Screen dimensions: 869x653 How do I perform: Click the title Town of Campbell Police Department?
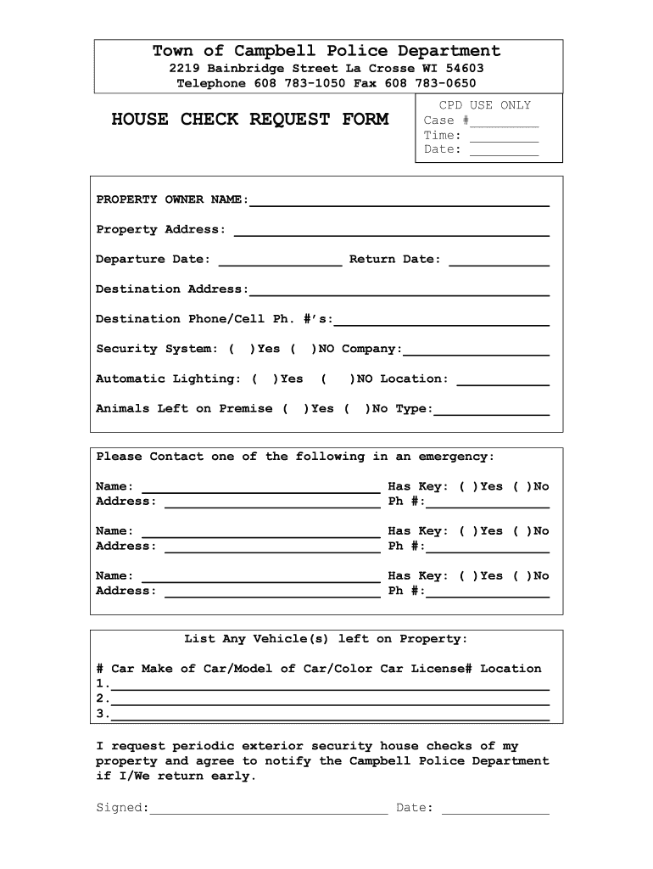click(326, 51)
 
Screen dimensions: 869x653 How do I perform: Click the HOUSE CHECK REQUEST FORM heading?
click(249, 119)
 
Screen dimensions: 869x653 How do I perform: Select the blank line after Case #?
click(505, 121)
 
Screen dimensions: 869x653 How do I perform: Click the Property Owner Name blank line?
click(399, 201)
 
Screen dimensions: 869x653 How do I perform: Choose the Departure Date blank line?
click(280, 261)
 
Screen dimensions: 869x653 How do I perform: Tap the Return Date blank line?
click(499, 261)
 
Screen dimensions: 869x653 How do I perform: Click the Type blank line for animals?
click(491, 410)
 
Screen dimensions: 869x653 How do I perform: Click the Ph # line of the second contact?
click(487, 547)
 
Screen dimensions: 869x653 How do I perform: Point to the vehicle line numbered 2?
click(330, 699)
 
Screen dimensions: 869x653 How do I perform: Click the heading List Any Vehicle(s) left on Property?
click(326, 638)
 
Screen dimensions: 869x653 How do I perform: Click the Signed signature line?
click(268, 809)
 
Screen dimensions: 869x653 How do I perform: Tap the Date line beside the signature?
click(495, 809)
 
